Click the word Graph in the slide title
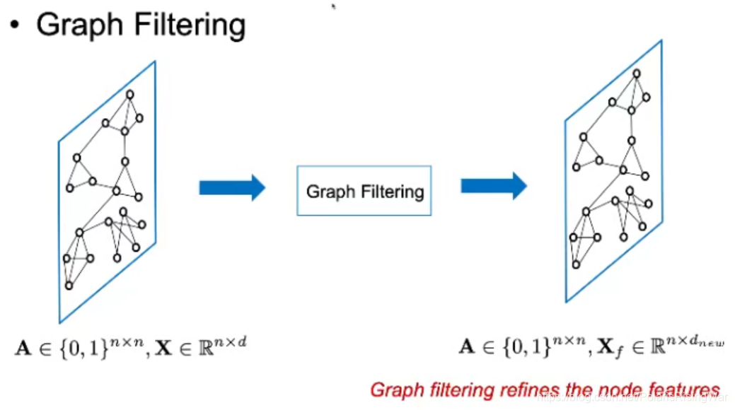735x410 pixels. tap(74, 25)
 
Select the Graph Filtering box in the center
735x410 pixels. tap(364, 191)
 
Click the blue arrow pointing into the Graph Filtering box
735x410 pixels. tap(232, 187)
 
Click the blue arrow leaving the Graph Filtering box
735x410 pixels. tap(494, 186)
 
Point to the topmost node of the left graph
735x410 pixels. tap(130, 94)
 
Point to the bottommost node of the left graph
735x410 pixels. tap(69, 286)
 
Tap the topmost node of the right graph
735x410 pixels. tap(637, 73)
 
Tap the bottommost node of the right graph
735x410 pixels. tap(576, 264)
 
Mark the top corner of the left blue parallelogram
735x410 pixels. tap(155, 61)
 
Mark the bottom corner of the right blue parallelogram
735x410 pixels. tap(566, 303)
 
